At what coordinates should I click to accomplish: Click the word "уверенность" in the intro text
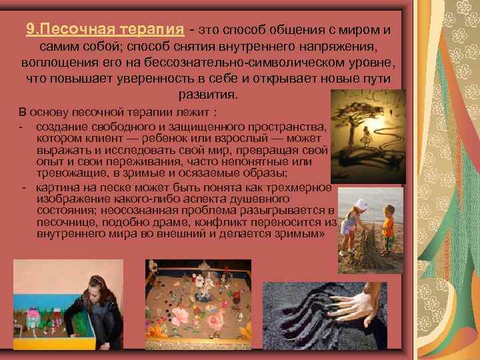tap(191, 79)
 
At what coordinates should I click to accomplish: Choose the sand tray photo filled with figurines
tap(198, 303)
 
